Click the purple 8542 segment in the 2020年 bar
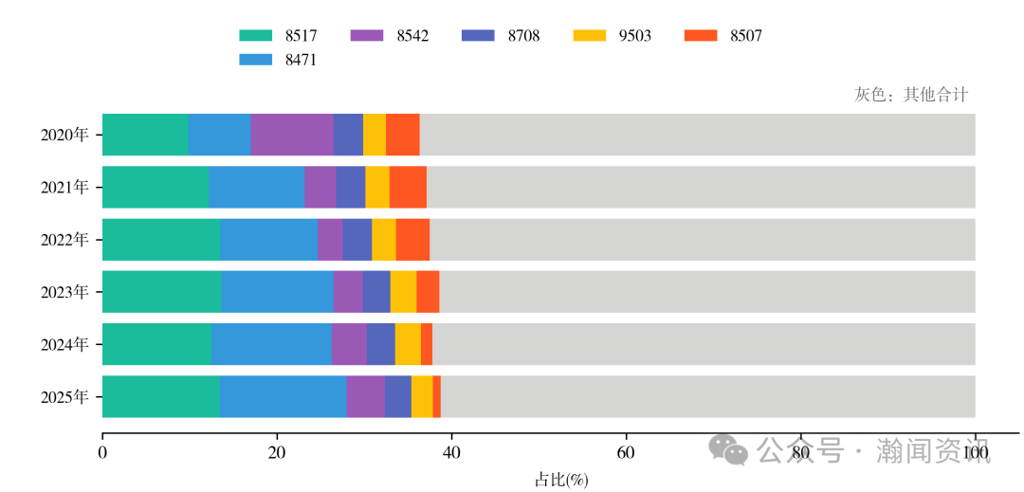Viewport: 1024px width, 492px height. [x=292, y=135]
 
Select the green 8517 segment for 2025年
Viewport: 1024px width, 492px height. [x=160, y=396]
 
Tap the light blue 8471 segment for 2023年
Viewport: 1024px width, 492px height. [x=277, y=291]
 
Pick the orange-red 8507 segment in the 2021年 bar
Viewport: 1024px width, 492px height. [x=408, y=187]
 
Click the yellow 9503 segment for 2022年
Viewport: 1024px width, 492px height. [x=384, y=239]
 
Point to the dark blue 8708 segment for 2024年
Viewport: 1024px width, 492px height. [x=381, y=343]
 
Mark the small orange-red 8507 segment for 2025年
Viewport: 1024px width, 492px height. [x=437, y=396]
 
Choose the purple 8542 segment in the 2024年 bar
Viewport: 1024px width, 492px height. [x=349, y=343]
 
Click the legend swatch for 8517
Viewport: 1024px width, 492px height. [x=256, y=36]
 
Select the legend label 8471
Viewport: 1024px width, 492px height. [x=301, y=60]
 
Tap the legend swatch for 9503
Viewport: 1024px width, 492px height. [x=590, y=36]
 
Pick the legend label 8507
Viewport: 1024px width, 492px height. [x=746, y=36]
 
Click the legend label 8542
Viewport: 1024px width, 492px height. [x=412, y=36]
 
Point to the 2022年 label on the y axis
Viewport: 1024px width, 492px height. [x=64, y=239]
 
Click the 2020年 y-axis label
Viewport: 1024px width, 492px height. [x=64, y=135]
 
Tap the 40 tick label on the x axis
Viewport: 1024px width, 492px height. [x=451, y=453]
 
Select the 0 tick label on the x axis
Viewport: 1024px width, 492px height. [x=102, y=453]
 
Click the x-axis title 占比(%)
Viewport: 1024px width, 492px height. [x=561, y=480]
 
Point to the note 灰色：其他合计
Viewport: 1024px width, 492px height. [x=911, y=94]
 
